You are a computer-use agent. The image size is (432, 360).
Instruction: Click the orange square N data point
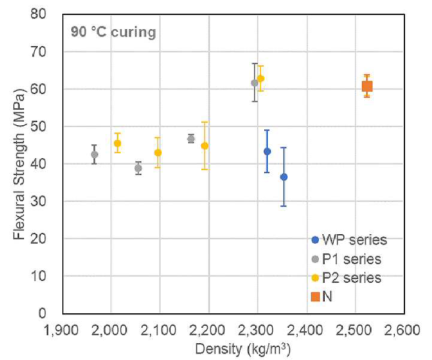[367, 86]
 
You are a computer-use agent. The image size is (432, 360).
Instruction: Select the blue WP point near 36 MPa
[284, 177]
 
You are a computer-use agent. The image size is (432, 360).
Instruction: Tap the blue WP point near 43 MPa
[267, 152]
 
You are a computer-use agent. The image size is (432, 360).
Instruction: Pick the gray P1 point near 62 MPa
[255, 83]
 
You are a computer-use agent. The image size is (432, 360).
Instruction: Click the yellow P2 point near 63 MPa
[261, 78]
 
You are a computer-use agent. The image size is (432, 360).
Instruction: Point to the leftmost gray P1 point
[95, 155]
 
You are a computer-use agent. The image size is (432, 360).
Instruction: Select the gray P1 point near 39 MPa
[138, 168]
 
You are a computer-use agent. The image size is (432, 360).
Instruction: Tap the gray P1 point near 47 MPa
[191, 139]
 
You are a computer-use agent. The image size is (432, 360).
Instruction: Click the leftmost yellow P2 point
[117, 143]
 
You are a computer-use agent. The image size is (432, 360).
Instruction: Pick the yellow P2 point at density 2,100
[158, 153]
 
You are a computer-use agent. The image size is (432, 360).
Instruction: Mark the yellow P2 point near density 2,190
[204, 146]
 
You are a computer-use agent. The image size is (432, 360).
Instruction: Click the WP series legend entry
[349, 240]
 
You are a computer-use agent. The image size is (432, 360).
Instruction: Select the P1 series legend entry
[346, 259]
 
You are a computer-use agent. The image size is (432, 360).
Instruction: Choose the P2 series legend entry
[346, 278]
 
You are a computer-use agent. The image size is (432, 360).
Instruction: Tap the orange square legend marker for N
[315, 297]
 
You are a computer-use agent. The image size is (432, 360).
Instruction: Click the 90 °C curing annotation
[113, 32]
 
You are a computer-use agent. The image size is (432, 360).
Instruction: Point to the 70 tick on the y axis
[38, 52]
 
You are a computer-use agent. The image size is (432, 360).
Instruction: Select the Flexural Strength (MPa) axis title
[19, 164]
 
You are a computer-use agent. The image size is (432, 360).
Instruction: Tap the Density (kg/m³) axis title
[243, 350]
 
